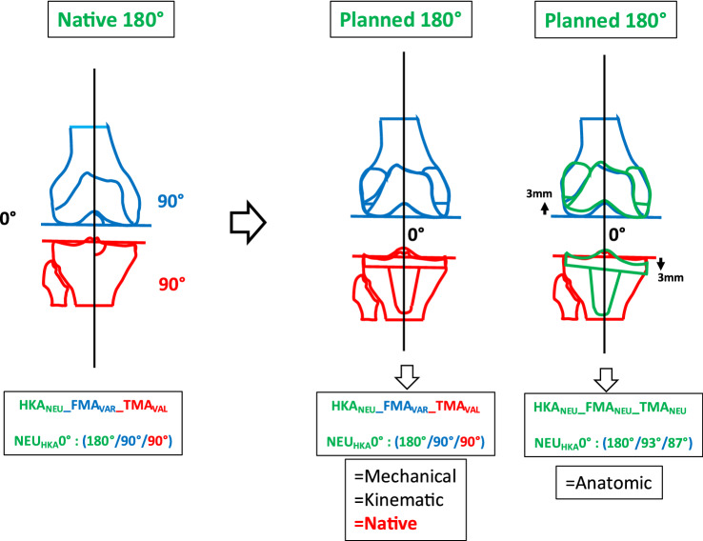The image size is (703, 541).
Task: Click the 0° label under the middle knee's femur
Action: point(416,232)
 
